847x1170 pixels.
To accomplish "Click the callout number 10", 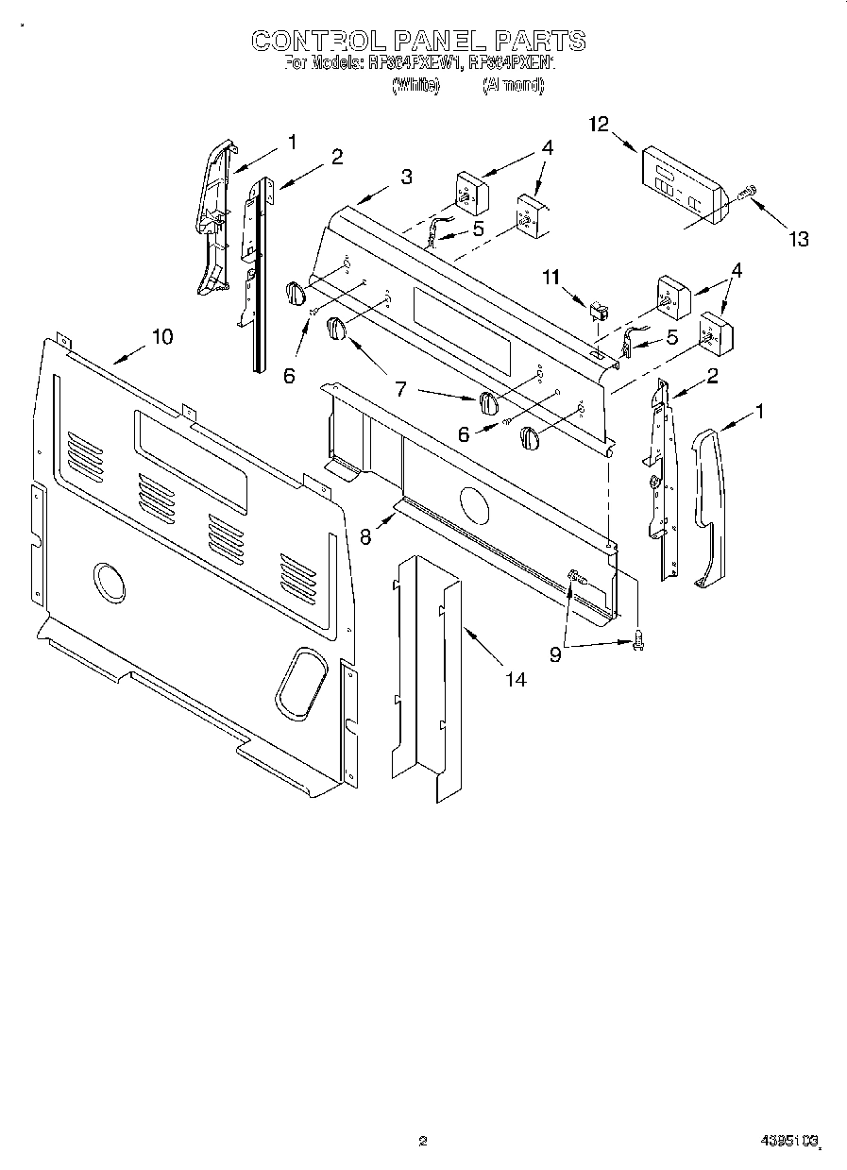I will click(162, 336).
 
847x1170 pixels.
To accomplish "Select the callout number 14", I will click(516, 678).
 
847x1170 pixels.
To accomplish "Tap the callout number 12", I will click(599, 125).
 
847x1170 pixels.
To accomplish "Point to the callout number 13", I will click(799, 239).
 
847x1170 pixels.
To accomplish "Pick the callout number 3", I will click(406, 176).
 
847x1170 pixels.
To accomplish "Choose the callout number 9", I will click(555, 653).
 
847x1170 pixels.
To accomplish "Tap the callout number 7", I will click(400, 388).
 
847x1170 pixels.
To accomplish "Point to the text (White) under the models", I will click(415, 85).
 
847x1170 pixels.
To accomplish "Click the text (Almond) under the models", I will click(513, 85).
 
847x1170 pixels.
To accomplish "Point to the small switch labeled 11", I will click(597, 310).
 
